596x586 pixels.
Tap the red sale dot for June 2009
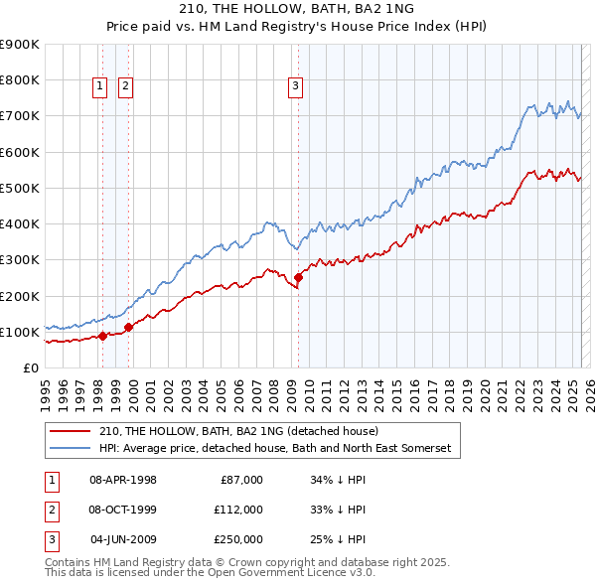299,277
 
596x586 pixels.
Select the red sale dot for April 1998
102,336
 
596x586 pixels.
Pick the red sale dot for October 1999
128,327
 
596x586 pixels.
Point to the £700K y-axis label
20,116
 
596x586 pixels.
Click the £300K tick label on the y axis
20,260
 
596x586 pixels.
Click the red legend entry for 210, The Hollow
238,431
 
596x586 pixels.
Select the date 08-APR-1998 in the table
123,479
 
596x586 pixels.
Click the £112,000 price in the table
238,509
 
